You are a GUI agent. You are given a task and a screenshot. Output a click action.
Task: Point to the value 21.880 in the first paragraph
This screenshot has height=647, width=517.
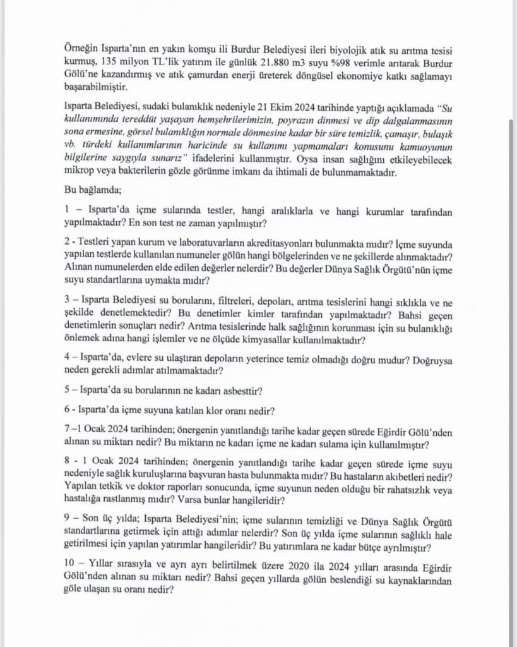258,64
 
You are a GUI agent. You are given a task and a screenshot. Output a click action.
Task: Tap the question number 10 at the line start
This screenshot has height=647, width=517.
70,569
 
